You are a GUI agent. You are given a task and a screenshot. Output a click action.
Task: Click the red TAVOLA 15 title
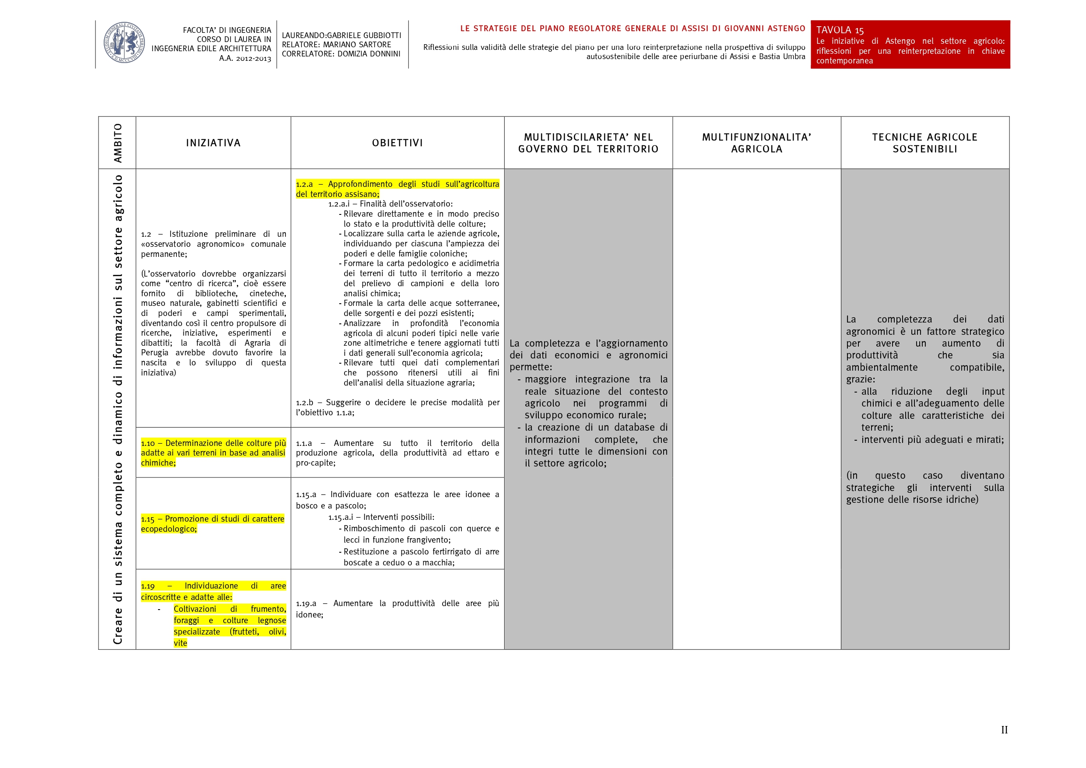(840, 30)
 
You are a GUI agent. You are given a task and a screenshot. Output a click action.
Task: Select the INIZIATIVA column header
(213, 143)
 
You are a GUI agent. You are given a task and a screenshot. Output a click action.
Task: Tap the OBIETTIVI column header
(397, 143)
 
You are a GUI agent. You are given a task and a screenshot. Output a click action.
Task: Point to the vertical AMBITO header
(117, 143)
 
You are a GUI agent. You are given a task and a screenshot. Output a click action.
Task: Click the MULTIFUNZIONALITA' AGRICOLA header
(756, 143)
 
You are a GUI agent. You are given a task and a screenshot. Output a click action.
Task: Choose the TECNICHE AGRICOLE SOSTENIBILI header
(925, 143)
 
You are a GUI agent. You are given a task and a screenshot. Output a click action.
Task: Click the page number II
(1004, 729)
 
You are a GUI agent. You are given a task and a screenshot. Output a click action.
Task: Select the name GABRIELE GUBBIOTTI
(364, 35)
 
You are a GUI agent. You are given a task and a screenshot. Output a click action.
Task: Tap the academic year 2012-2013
(253, 59)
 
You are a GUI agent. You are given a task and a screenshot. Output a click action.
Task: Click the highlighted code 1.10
(148, 444)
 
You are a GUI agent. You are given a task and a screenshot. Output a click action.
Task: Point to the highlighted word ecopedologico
(169, 529)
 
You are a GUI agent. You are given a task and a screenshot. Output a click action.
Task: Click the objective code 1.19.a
(306, 603)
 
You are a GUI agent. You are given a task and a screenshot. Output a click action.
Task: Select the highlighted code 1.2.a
(304, 184)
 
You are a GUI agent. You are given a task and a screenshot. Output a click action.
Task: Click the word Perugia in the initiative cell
(154, 353)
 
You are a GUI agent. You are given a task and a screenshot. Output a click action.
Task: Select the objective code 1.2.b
(304, 403)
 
